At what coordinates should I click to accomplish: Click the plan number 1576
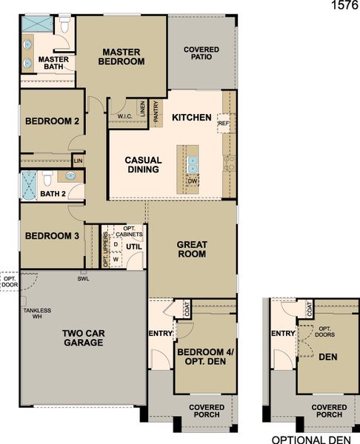tap(343, 7)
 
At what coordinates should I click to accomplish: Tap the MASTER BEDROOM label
tap(122, 57)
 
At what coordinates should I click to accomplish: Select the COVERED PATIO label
tap(201, 52)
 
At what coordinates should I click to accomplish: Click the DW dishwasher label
tap(192, 181)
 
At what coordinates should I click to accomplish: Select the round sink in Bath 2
tap(71, 176)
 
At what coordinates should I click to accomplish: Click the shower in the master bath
tap(36, 24)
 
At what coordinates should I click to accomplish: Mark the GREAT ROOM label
tap(192, 249)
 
